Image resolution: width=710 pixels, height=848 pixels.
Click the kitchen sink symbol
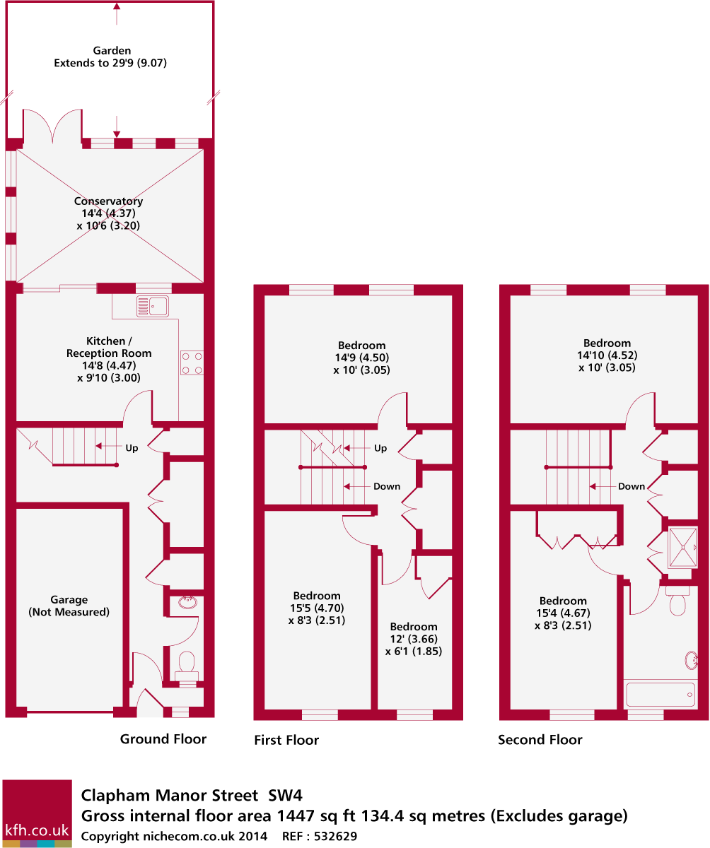click(152, 305)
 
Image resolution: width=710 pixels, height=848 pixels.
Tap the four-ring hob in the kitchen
click(192, 363)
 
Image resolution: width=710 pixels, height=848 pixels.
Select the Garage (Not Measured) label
click(69, 606)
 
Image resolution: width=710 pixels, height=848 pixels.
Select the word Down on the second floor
click(632, 486)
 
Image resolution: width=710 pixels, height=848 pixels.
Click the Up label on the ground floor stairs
click(132, 447)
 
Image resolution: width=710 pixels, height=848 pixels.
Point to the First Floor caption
click(286, 741)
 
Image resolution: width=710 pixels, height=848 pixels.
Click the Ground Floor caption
click(163, 739)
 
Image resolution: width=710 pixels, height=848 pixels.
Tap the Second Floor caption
click(540, 740)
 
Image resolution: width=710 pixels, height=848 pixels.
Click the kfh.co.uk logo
click(37, 813)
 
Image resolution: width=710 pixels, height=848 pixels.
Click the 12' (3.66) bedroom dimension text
click(414, 639)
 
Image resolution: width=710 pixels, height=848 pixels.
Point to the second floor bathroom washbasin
click(692, 661)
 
